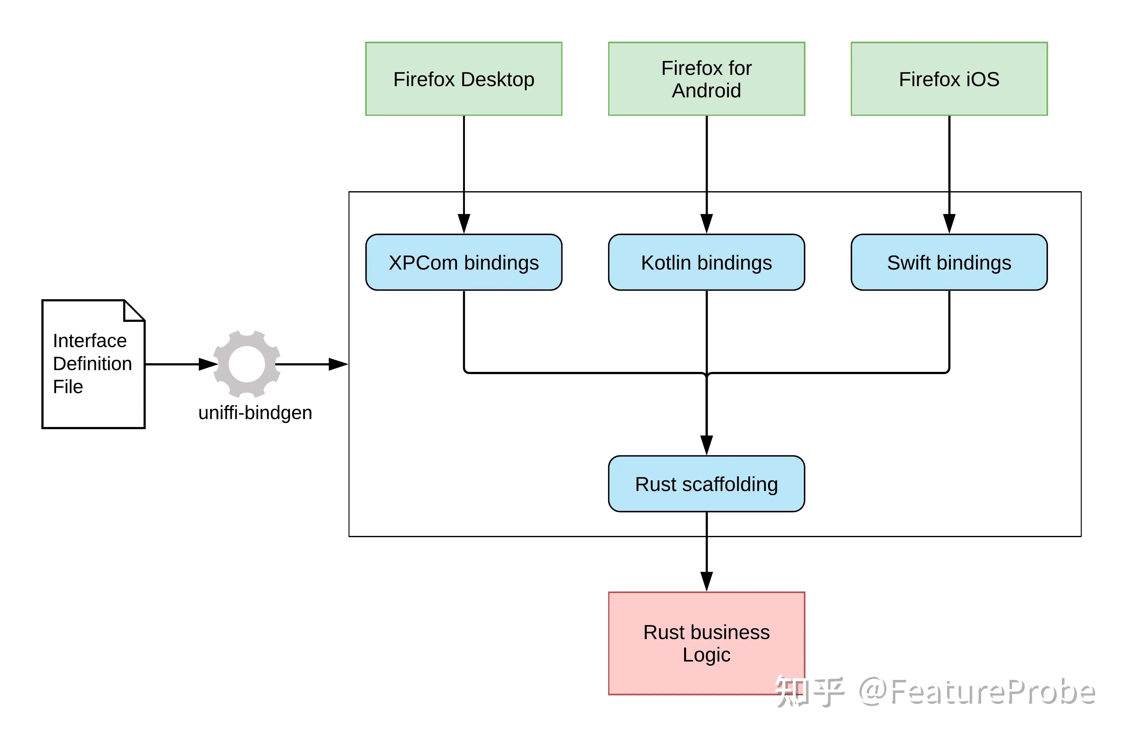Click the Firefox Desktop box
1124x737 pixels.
coord(463,79)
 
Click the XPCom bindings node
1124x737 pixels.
coord(463,262)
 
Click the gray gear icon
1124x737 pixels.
coord(247,364)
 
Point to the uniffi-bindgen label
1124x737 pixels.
coord(255,412)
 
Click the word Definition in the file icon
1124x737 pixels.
coord(93,363)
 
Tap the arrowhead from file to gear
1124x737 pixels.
coord(208,364)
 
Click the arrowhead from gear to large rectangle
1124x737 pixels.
coord(338,364)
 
